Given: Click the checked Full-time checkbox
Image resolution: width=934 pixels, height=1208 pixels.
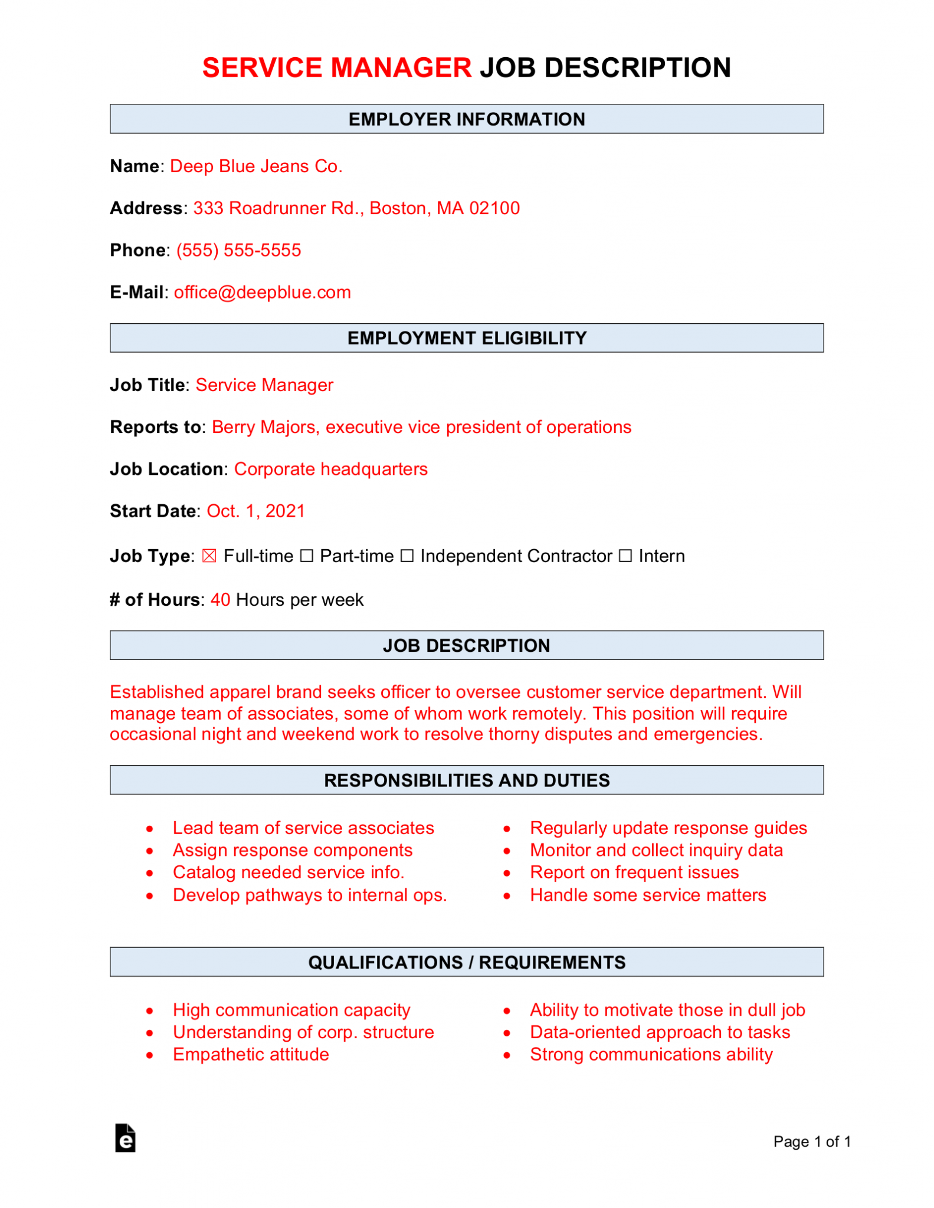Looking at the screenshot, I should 209,556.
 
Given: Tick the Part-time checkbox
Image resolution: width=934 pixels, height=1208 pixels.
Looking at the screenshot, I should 306,556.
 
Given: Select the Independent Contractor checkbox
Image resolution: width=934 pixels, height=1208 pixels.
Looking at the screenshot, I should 407,556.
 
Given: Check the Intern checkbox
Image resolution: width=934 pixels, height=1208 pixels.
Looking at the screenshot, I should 625,556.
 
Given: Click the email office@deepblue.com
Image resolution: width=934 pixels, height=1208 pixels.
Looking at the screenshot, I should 262,293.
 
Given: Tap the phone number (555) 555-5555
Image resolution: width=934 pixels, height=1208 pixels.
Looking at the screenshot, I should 238,250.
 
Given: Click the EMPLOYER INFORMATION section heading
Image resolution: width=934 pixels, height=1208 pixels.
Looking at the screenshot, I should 466,119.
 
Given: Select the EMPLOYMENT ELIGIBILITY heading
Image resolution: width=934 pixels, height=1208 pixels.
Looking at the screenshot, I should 466,338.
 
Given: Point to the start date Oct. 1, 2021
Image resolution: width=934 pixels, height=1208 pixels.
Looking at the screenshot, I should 255,511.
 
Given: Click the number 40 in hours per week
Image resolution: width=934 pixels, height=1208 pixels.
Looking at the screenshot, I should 220,600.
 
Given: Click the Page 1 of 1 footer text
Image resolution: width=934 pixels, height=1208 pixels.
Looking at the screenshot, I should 811,1141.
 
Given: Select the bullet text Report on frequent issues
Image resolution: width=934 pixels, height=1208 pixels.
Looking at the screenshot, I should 634,872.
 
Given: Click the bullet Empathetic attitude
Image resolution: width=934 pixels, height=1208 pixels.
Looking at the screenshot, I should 251,1055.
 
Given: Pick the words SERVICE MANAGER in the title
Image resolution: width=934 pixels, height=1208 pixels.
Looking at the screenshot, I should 336,68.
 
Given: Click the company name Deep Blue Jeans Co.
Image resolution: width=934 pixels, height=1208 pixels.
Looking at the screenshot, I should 255,166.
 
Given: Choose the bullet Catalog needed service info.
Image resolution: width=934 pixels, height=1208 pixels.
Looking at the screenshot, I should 288,872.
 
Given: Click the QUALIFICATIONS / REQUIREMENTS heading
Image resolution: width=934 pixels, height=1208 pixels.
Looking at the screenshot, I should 466,962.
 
